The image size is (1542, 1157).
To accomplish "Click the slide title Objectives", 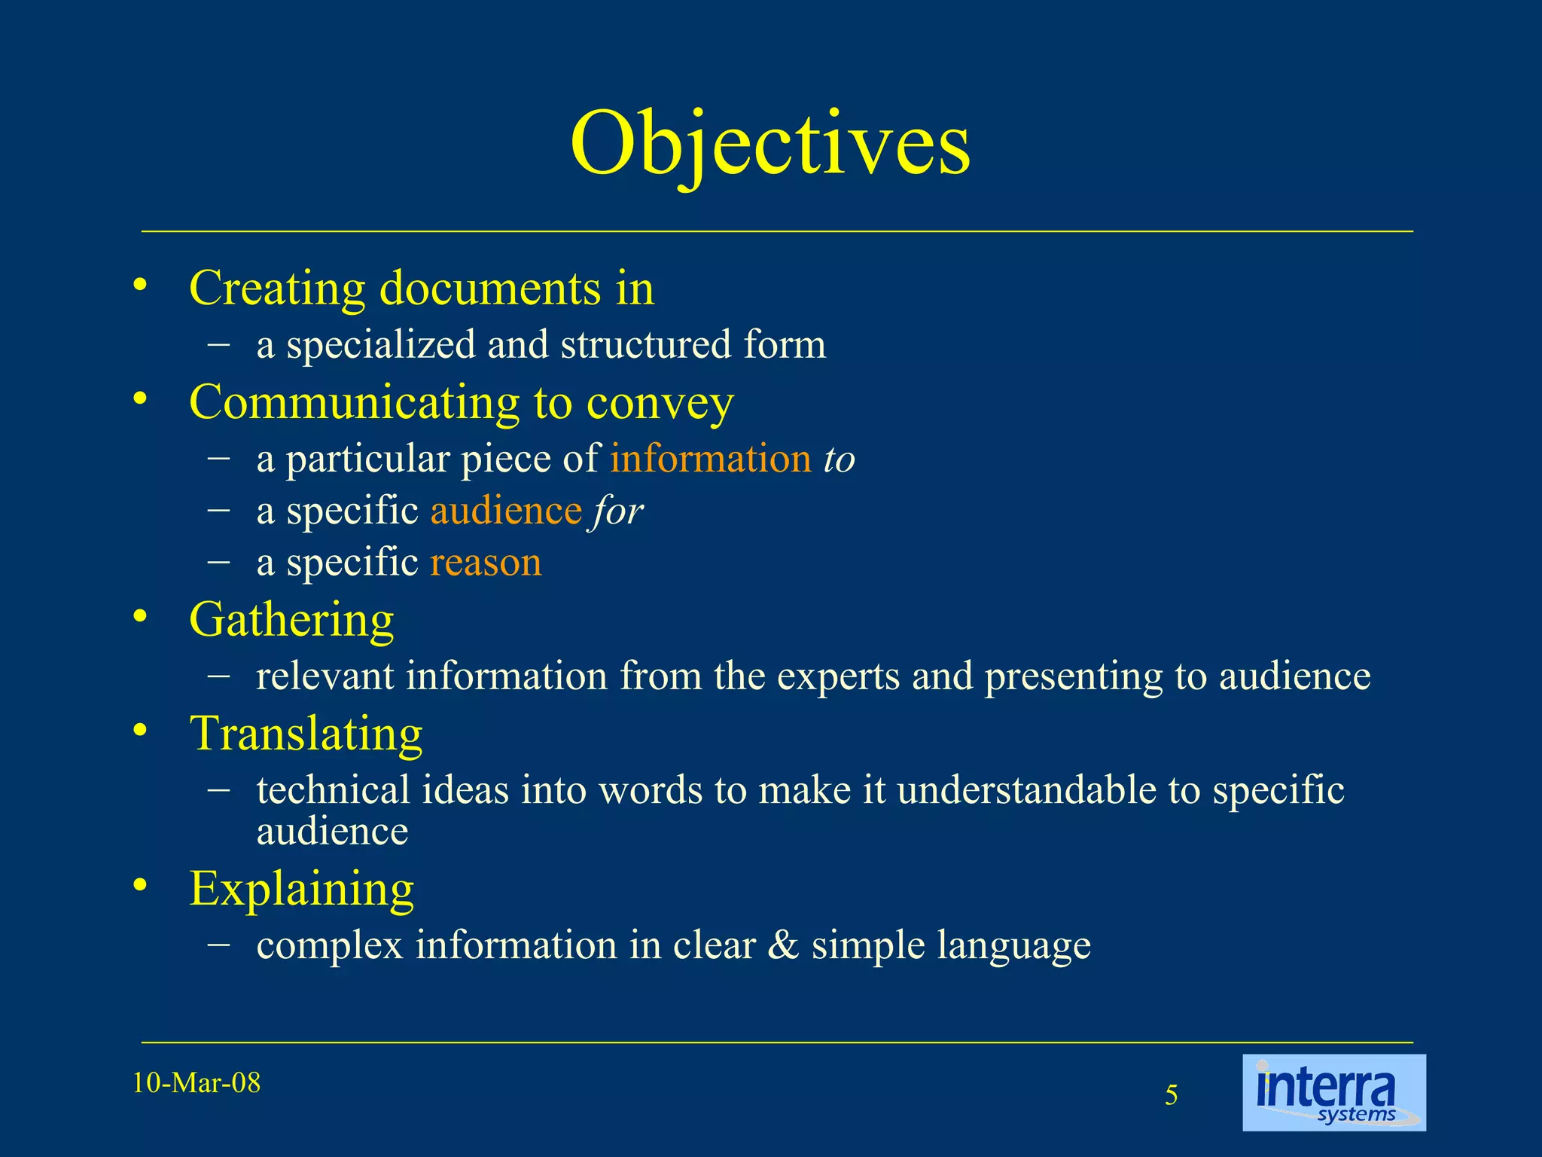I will pyautogui.click(x=769, y=143).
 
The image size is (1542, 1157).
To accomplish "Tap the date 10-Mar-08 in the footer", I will pyautogui.click(x=197, y=1083).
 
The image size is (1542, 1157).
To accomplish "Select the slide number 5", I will pyautogui.click(x=1172, y=1095).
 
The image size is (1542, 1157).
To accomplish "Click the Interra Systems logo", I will pyautogui.click(x=1333, y=1092).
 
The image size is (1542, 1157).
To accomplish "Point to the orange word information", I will pyautogui.click(x=710, y=459).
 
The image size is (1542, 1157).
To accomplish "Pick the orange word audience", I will pyautogui.click(x=506, y=511).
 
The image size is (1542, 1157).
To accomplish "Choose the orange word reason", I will pyautogui.click(x=486, y=563).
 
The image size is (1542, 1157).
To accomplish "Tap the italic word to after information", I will pyautogui.click(x=840, y=459).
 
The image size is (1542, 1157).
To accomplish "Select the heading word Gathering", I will pyautogui.click(x=291, y=620).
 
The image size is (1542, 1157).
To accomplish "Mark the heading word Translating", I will pyautogui.click(x=306, y=733).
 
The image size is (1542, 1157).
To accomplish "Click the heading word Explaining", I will pyautogui.click(x=301, y=889).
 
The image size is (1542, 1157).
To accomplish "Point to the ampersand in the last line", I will pyautogui.click(x=783, y=945).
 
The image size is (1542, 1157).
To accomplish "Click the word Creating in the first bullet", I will pyautogui.click(x=277, y=288).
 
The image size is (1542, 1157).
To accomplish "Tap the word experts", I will pyautogui.click(x=838, y=676).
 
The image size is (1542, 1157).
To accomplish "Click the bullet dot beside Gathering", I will pyautogui.click(x=139, y=618).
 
